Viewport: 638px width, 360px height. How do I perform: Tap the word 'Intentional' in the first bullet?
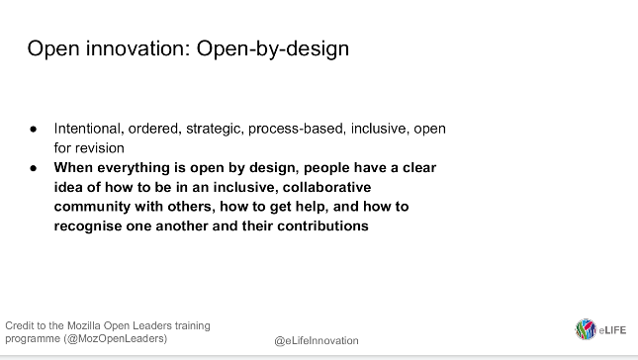point(87,130)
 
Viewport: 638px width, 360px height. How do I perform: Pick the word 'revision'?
point(100,148)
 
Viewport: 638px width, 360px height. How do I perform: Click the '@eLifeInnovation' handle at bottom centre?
point(317,340)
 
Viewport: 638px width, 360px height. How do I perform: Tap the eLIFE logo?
point(600,329)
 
